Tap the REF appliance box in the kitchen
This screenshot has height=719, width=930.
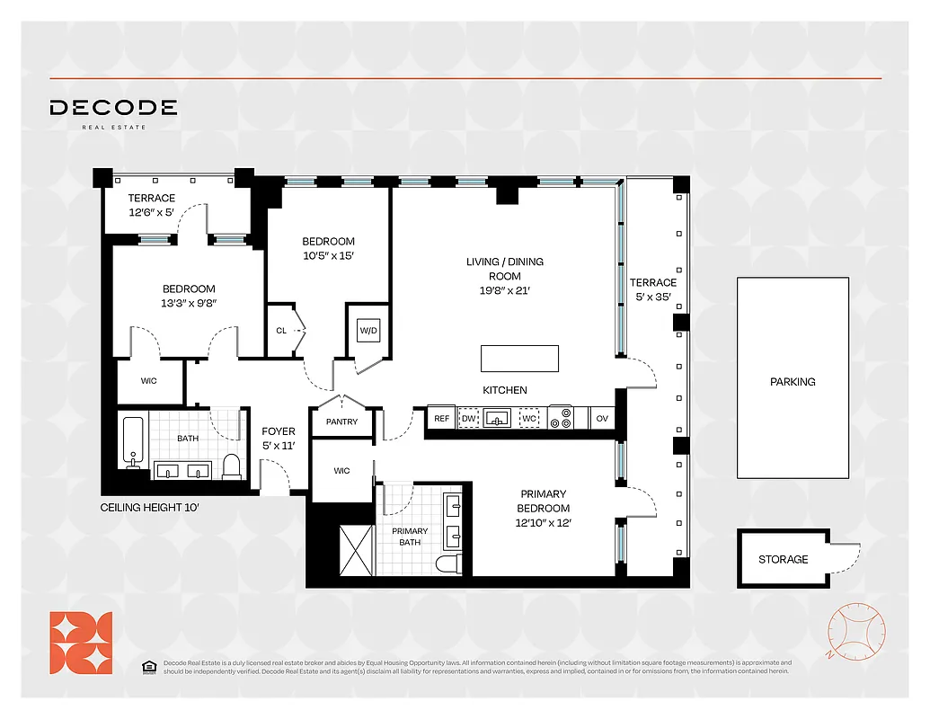[441, 419]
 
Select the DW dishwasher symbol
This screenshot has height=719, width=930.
[468, 419]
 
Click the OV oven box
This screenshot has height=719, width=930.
[601, 419]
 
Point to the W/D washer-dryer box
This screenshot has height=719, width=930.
[368, 330]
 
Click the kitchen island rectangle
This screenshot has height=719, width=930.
[519, 359]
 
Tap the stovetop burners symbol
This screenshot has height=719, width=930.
[561, 419]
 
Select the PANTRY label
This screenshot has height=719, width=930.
[341, 422]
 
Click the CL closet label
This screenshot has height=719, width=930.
[281, 331]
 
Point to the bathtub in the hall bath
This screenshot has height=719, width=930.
[133, 442]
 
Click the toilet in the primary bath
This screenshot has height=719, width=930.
[447, 564]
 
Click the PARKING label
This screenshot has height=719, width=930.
[793, 382]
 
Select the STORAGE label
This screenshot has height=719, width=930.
[783, 559]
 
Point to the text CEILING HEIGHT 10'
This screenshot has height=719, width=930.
[149, 508]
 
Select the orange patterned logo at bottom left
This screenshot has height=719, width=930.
[81, 643]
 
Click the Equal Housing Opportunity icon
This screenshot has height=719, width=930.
[148, 666]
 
